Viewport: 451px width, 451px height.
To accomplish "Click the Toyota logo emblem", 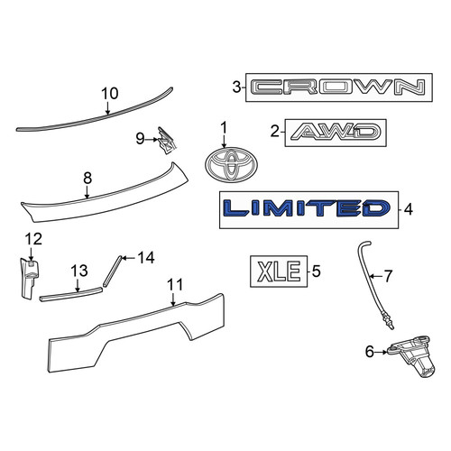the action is coord(231,165).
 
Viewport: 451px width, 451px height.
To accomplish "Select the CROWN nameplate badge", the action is coord(339,87).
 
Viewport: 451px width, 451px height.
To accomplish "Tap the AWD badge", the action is coord(336,133).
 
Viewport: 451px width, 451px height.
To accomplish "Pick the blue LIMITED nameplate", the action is coord(307,208).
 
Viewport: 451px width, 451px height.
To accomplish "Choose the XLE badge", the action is coord(279,272).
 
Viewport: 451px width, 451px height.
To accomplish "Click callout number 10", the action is coord(110,94).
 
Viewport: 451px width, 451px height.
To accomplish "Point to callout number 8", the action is coord(87,179).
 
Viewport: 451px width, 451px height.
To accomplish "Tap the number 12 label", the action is coord(33,239).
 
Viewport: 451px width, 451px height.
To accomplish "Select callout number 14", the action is coord(146,258).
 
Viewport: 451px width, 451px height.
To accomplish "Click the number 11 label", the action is coord(175,284).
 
